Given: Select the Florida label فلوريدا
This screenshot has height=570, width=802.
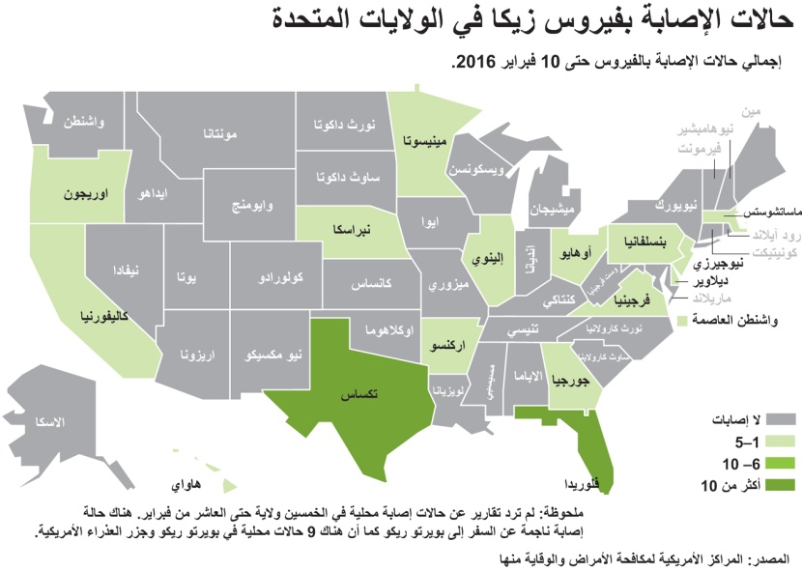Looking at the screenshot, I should point(587,482).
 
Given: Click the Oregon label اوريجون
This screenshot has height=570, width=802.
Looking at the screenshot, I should point(85,192).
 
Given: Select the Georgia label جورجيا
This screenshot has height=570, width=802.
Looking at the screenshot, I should point(569,381).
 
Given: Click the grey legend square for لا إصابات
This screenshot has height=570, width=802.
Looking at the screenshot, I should point(782,419).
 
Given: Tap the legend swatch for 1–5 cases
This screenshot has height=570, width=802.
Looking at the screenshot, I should point(782,441).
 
